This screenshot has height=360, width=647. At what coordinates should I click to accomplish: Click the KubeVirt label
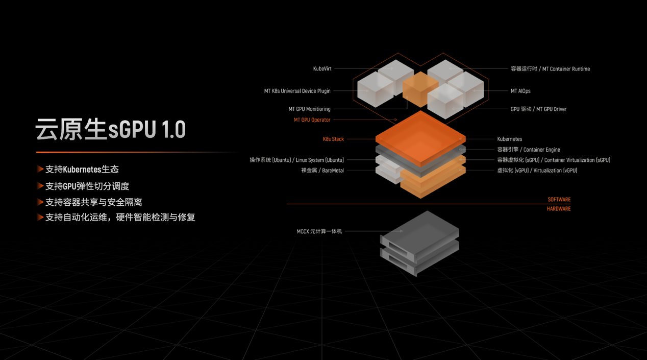322,68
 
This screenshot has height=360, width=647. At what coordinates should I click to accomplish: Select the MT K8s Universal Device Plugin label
297,91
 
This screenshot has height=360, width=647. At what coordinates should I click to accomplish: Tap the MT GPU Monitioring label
309,109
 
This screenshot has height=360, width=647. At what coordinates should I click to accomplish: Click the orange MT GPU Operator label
312,119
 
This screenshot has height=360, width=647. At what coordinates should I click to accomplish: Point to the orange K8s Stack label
333,139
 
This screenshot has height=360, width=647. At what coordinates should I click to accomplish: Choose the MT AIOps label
520,91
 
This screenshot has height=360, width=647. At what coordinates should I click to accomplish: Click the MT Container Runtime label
566,69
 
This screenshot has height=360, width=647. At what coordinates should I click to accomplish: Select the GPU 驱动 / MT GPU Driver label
538,109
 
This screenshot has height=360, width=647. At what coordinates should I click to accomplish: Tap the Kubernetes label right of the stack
510,139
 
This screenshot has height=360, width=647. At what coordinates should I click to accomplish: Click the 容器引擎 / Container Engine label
529,150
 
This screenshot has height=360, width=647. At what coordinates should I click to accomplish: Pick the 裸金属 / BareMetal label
322,171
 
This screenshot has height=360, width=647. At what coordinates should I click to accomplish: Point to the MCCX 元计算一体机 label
319,231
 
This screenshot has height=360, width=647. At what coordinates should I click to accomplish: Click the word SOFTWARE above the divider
559,200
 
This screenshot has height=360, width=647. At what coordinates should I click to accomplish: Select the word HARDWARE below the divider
559,209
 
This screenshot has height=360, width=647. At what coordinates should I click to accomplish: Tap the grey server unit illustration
419,244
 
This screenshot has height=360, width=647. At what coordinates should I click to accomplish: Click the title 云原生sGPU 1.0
110,129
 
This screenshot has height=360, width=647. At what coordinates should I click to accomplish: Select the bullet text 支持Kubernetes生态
82,170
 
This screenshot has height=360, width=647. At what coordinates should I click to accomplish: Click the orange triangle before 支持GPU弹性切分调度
40,186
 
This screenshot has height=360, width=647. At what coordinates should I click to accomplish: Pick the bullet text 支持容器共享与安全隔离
93,202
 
